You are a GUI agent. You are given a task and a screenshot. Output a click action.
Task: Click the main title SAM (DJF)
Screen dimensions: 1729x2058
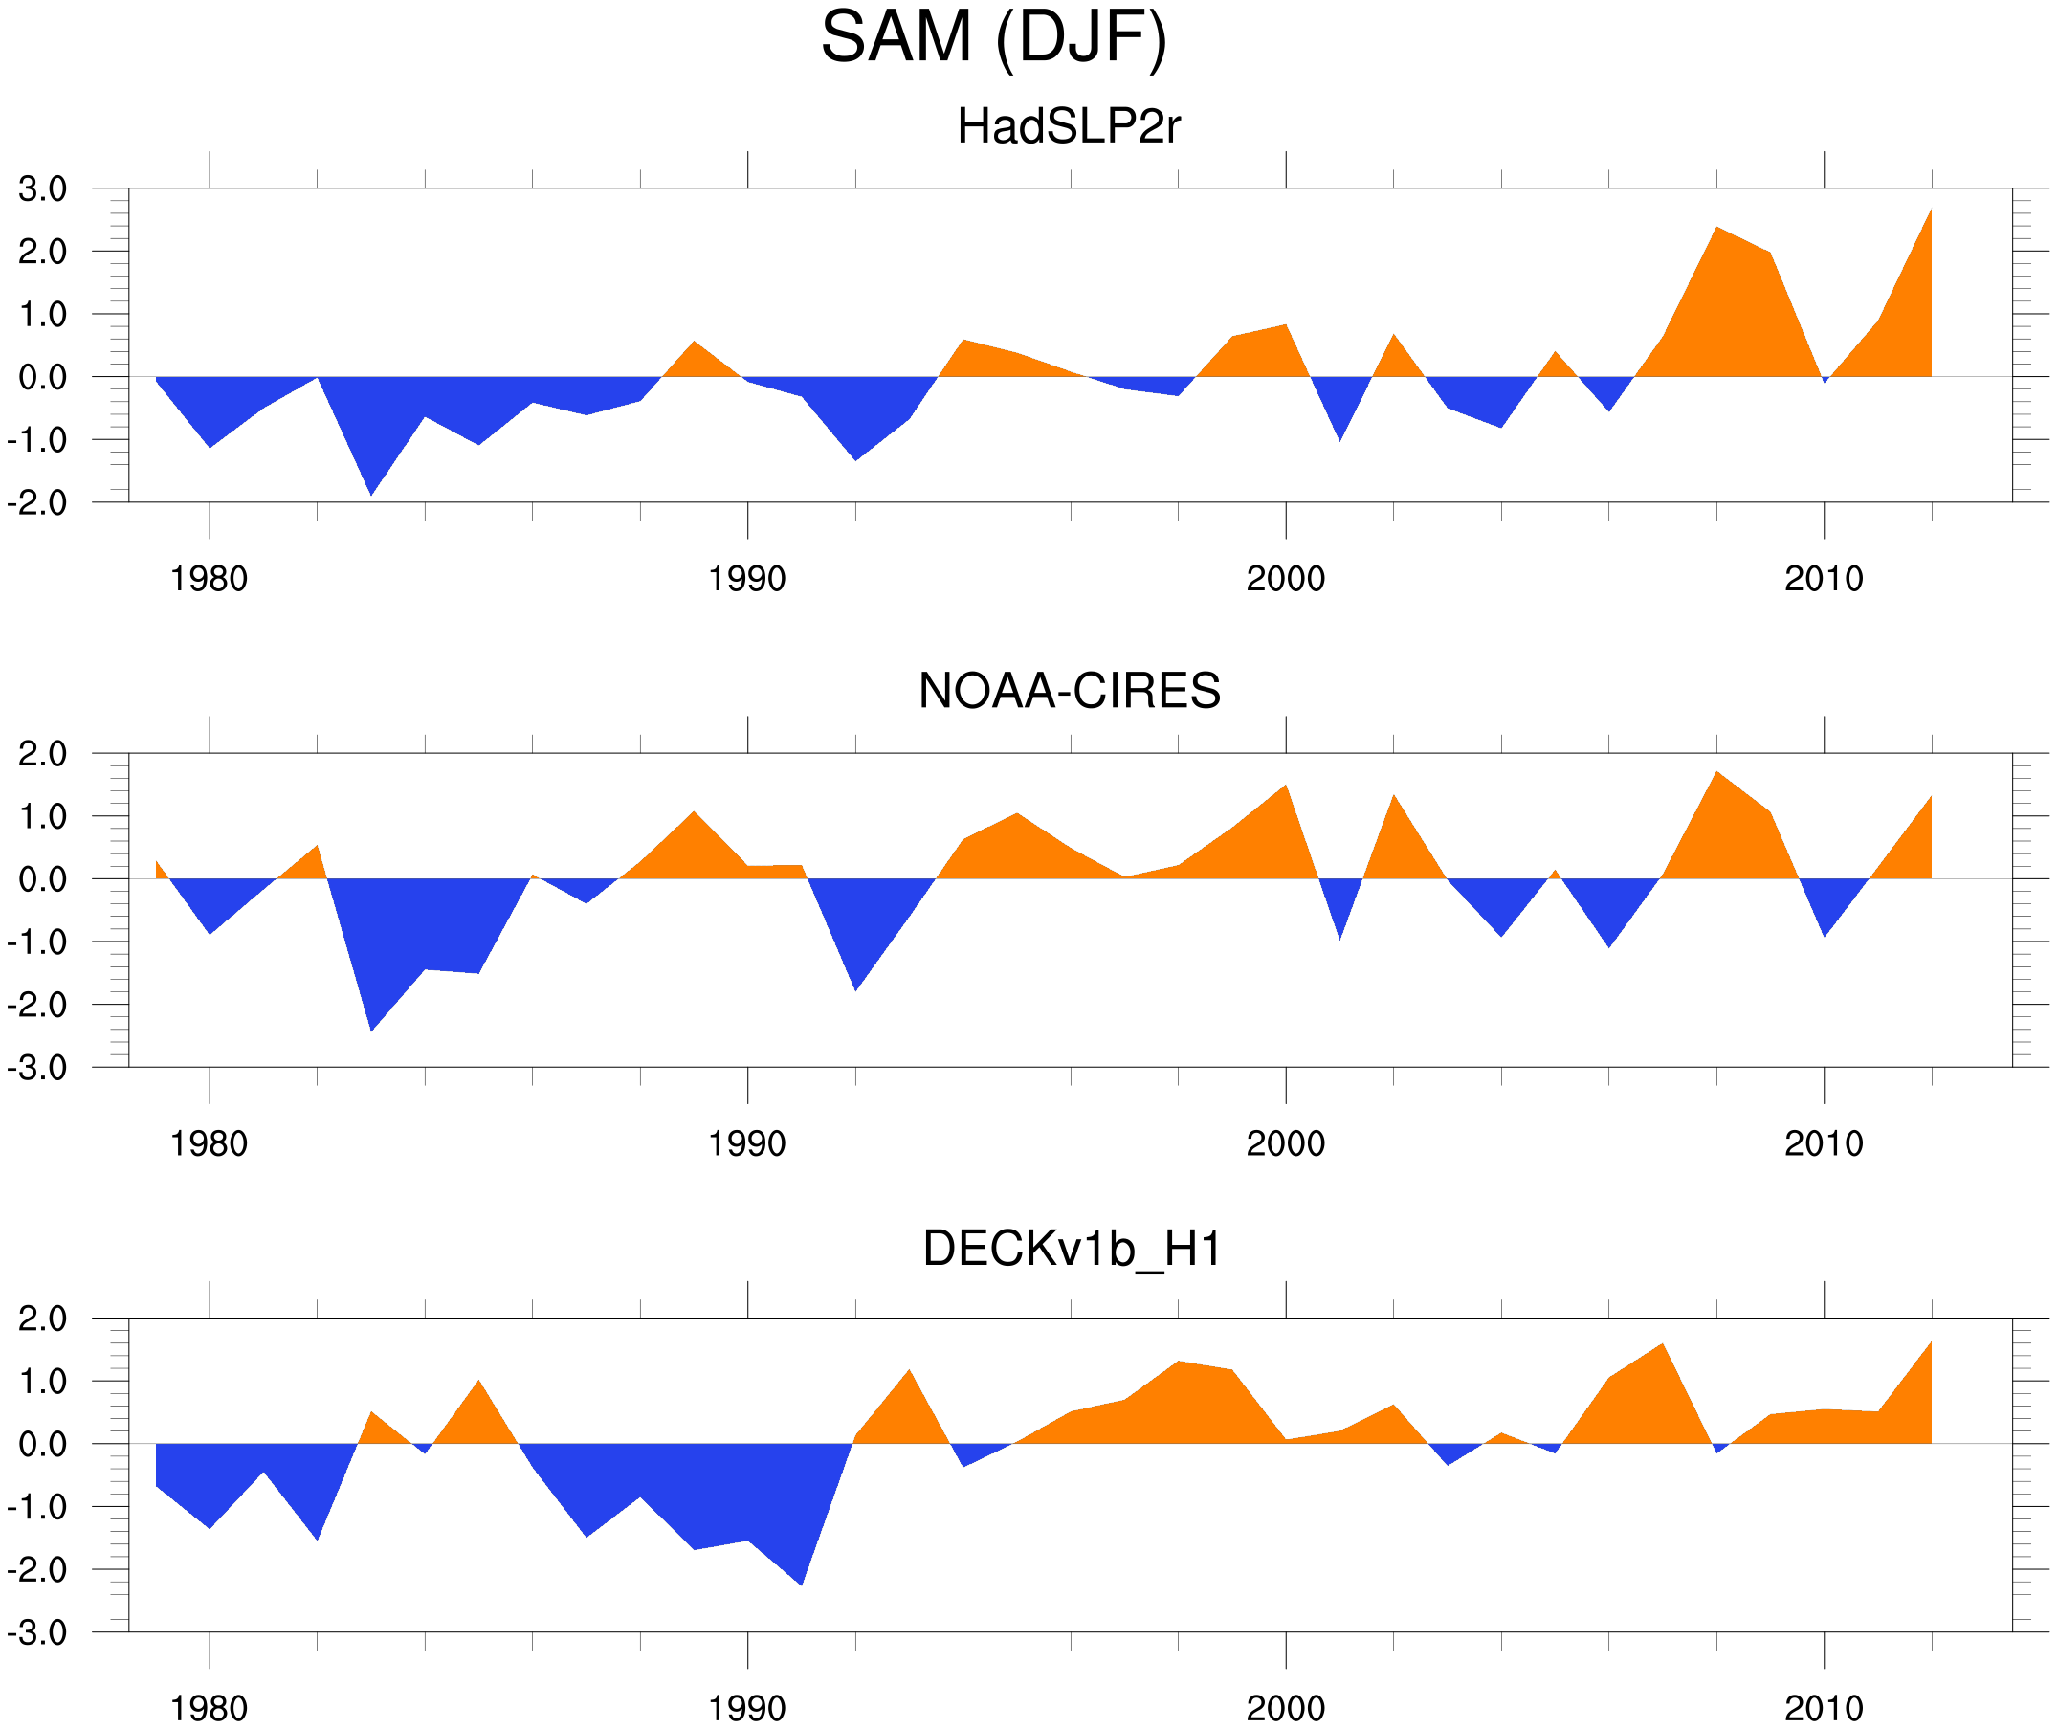tap(993, 37)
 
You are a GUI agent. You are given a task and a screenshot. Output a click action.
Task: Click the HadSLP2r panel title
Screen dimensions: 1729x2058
tap(1068, 126)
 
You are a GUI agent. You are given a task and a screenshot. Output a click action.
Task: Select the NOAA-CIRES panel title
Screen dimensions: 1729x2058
tap(1069, 691)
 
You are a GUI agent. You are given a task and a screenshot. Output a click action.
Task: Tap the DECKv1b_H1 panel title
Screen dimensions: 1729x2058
tap(1073, 1249)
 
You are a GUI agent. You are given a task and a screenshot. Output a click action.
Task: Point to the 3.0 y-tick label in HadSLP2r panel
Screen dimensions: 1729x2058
tap(42, 189)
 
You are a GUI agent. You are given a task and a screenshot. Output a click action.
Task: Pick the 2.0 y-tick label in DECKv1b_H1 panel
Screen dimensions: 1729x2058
tap(42, 1319)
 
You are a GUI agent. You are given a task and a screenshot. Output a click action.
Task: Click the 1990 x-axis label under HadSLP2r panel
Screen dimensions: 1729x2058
tap(747, 579)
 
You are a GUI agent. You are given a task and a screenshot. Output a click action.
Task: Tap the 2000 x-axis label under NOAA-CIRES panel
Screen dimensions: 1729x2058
tap(1285, 1143)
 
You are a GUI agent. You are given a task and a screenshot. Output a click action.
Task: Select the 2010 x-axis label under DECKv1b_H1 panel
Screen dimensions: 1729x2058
tap(1823, 1708)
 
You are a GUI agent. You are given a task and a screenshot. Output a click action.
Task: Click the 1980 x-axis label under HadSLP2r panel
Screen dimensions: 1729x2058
tap(209, 579)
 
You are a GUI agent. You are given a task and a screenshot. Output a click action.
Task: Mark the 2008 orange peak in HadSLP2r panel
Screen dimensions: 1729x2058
tap(1717, 230)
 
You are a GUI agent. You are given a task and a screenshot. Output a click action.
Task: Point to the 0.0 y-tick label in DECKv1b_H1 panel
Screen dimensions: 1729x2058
tap(42, 1445)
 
